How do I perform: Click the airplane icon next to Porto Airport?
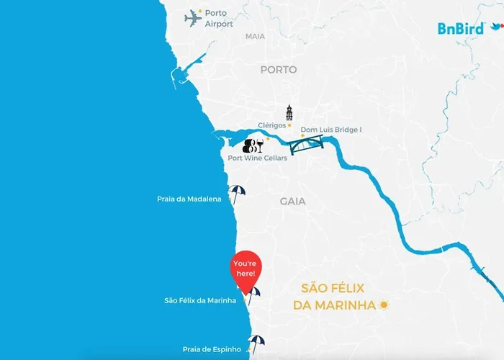[192, 17]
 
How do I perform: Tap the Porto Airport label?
[219, 19]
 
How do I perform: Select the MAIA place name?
[255, 36]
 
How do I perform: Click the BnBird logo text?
[461, 29]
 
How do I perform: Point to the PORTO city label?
[279, 70]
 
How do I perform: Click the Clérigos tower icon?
[289, 113]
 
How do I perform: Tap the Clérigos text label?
[272, 125]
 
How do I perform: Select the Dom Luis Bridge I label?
[330, 130]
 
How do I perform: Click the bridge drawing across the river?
[306, 146]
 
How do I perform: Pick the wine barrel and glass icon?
[253, 145]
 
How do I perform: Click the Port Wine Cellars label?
[257, 158]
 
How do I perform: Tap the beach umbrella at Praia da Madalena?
[236, 193]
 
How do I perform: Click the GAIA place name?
[294, 202]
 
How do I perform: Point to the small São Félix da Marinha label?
[200, 300]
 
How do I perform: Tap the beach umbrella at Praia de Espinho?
[256, 342]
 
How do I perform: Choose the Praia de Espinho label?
[207, 349]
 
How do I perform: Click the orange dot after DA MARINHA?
[384, 305]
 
